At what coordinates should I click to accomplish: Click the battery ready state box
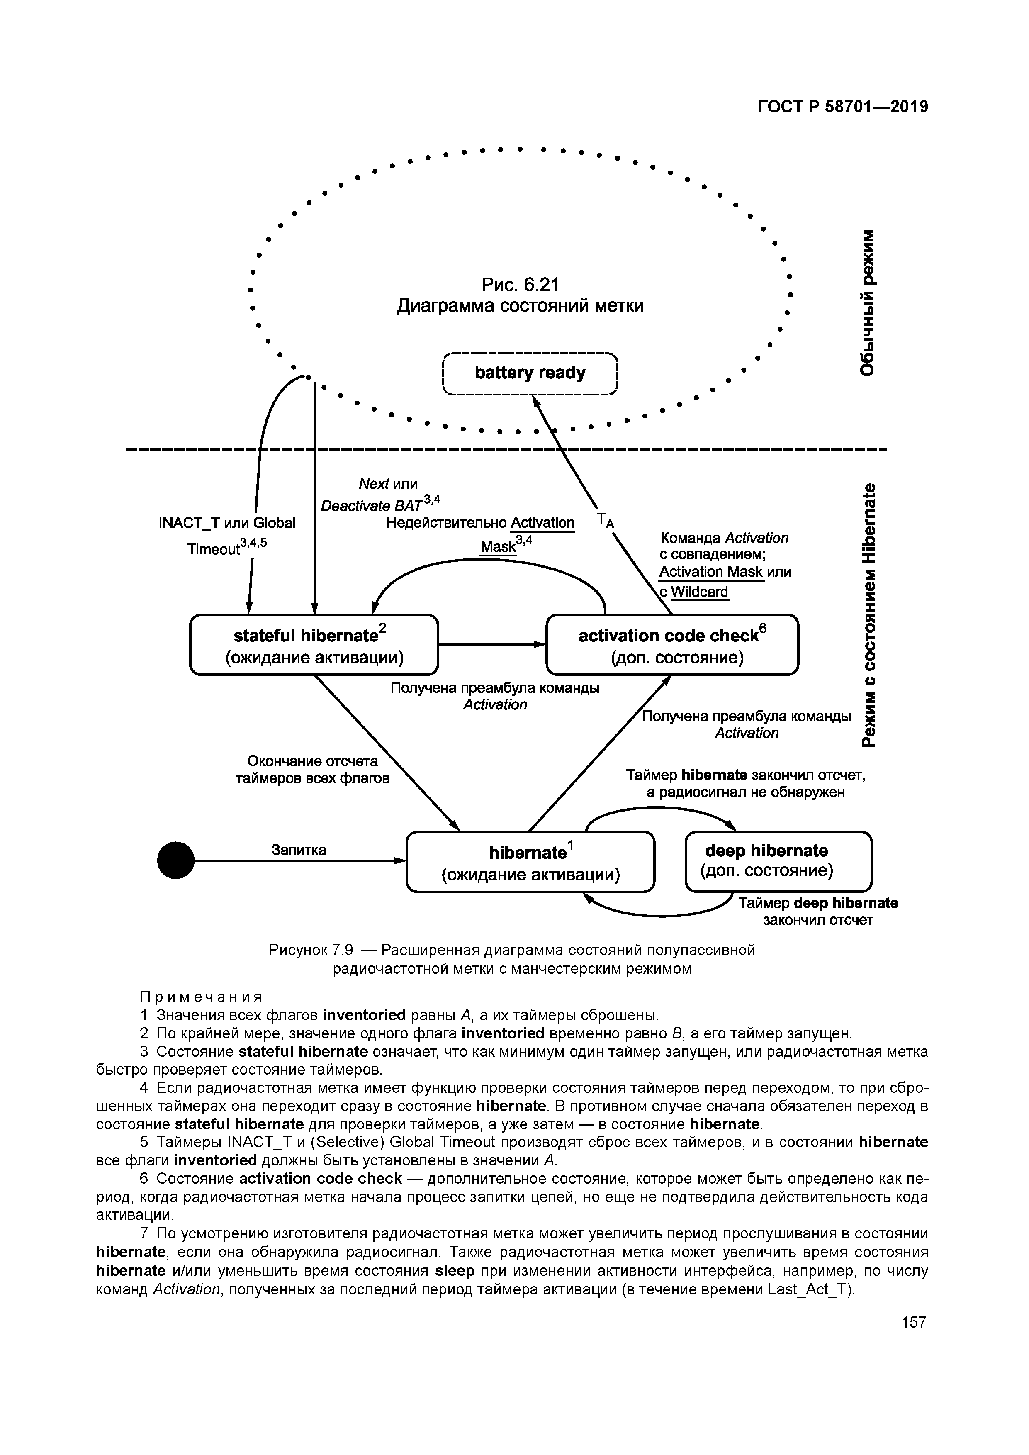click(x=530, y=374)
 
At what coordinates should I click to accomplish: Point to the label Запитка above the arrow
click(x=299, y=849)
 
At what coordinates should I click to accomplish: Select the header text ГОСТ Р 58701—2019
click(x=843, y=107)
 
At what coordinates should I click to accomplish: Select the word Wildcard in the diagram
click(x=700, y=592)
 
